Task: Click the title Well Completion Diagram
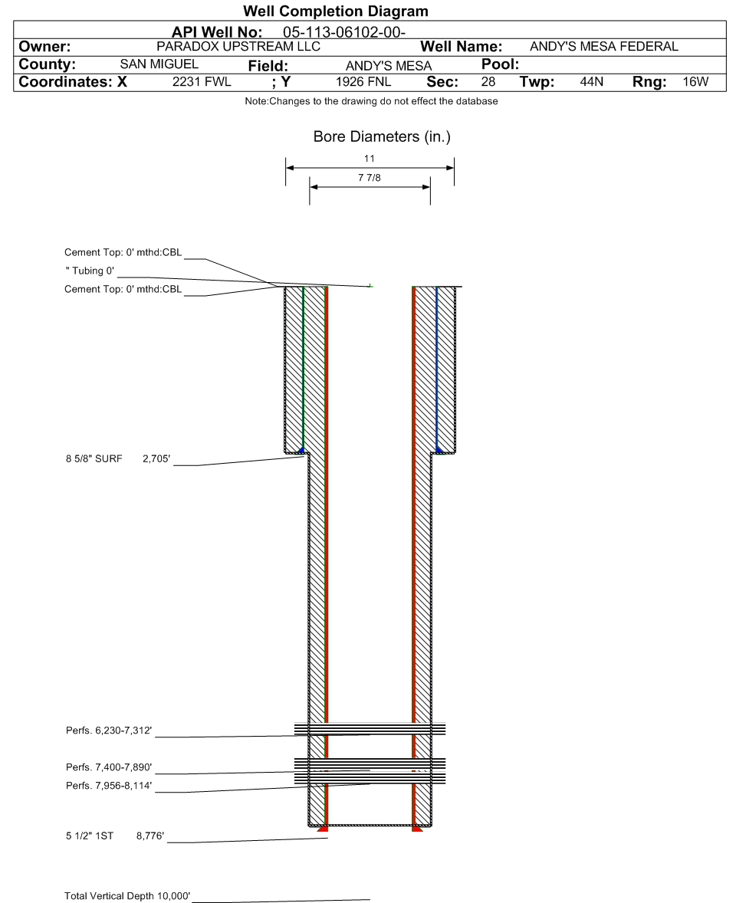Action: tap(335, 11)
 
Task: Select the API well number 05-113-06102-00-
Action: tap(339, 32)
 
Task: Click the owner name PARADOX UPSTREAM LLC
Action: tap(238, 47)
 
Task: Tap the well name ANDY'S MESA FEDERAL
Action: tap(604, 47)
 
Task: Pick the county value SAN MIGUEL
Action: tap(159, 64)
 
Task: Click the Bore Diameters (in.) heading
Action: tap(370, 137)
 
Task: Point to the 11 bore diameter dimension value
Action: tap(370, 159)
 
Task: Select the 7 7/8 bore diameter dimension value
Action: tap(370, 177)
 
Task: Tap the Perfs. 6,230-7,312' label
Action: tap(109, 731)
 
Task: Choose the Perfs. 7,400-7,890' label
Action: tap(109, 767)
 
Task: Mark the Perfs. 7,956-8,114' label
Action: tap(109, 786)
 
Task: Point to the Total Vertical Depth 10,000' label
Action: tap(127, 896)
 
